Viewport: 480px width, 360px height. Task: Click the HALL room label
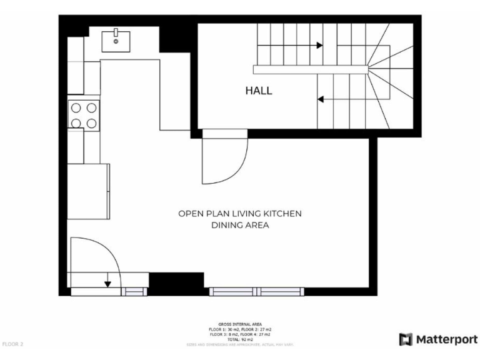(258, 91)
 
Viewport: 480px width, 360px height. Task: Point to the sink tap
(116, 31)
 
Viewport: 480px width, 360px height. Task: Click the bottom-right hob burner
(91, 122)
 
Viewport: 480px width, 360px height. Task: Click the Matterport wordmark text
(447, 339)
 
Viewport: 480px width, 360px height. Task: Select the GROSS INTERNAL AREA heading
(240, 324)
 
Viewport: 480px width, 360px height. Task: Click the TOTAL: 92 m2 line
(240, 339)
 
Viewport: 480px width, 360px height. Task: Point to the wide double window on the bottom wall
(256, 291)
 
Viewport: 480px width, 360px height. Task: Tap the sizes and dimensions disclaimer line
(240, 344)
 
